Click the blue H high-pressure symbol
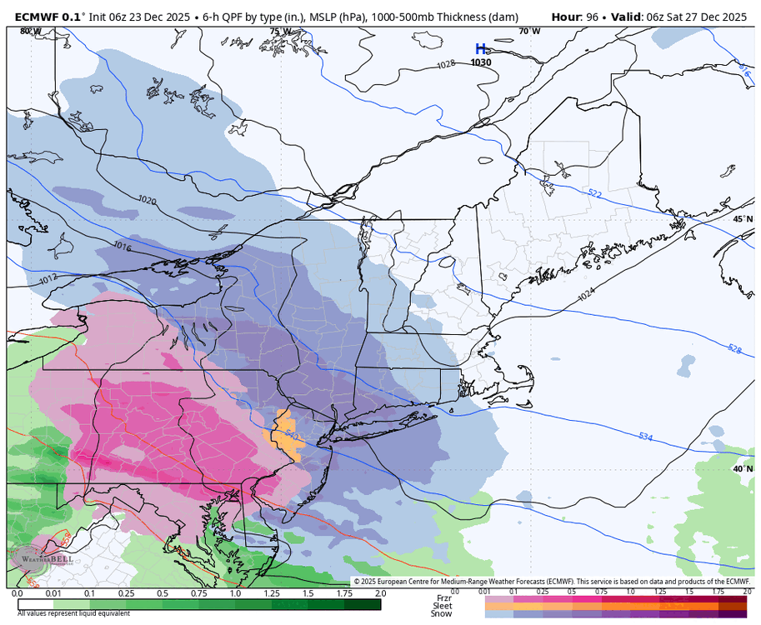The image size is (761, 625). [x=480, y=49]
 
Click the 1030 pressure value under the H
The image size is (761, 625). [x=480, y=62]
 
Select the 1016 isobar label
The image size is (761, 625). [x=122, y=247]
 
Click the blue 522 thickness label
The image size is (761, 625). [x=594, y=193]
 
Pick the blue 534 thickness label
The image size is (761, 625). [x=645, y=436]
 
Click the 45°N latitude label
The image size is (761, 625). [x=742, y=219]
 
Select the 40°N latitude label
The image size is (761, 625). [x=742, y=468]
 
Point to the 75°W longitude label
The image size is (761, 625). [x=280, y=32]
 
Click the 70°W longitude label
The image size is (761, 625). [x=529, y=32]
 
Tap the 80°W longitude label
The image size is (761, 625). [x=30, y=32]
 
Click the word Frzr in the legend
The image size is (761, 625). [x=443, y=597]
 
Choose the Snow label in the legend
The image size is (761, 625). [x=442, y=614]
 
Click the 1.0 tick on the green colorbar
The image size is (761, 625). [x=236, y=593]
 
